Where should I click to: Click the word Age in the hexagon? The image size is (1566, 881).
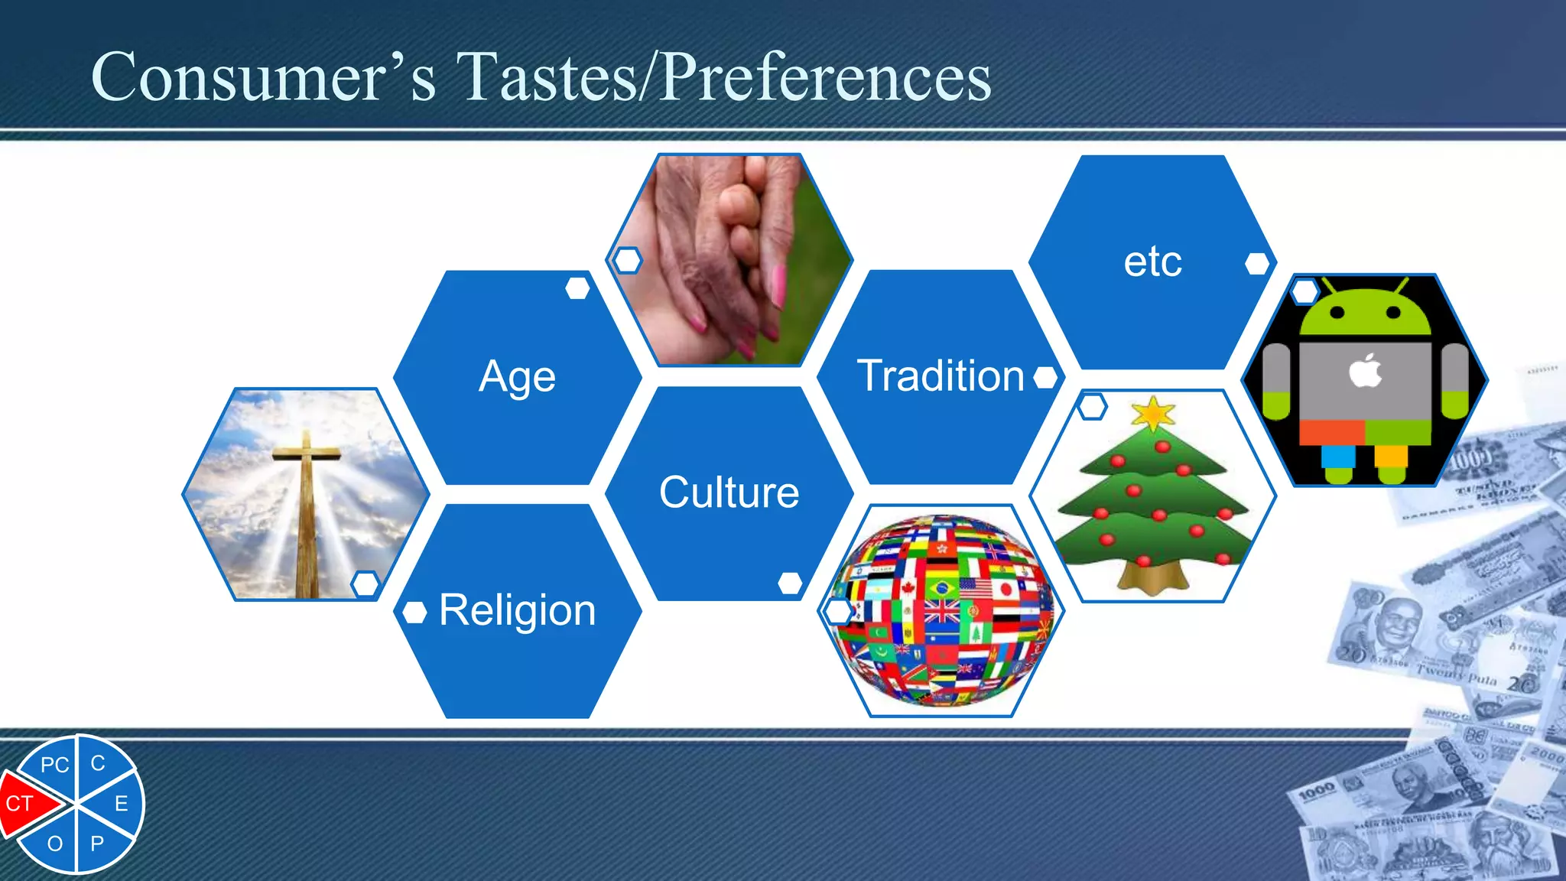tap(517, 377)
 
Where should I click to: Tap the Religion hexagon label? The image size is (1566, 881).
tap(517, 610)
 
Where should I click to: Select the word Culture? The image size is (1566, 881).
tap(729, 493)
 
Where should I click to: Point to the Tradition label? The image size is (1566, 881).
tap(940, 376)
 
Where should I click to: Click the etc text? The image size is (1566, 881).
tap(1152, 262)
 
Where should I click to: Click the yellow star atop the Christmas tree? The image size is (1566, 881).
tap(1152, 414)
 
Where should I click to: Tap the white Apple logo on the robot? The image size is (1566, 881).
tap(1365, 372)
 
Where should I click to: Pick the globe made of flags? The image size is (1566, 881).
tap(943, 610)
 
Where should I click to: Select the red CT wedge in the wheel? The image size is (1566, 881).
tap(23, 803)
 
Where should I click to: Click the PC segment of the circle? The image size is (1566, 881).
tap(54, 765)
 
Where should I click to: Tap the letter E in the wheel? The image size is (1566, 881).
tap(121, 804)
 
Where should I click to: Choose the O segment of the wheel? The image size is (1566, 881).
tap(55, 844)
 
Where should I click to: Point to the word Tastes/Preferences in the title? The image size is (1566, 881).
tap(723, 77)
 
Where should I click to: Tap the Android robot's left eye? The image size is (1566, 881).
tap(1337, 312)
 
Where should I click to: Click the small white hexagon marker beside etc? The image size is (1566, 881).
tap(1256, 264)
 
